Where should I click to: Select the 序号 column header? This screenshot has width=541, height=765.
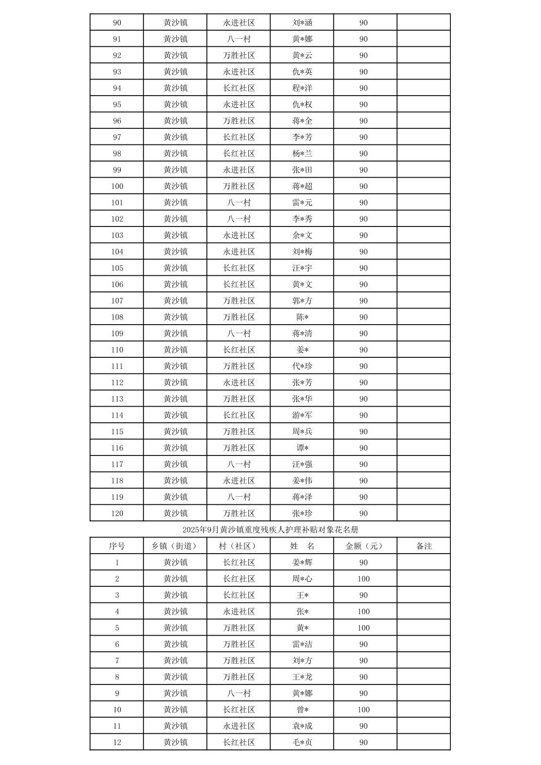[x=117, y=546]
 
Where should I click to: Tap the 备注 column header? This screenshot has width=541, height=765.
[x=424, y=546]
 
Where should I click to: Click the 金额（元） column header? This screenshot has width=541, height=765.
[x=364, y=546]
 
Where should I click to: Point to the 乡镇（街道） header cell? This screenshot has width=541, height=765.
[x=175, y=546]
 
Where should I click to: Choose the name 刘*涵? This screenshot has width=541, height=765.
[x=302, y=23]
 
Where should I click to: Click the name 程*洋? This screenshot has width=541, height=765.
[x=302, y=88]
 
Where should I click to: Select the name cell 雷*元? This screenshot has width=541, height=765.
[x=302, y=202]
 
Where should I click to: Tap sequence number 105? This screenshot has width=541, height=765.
[x=117, y=268]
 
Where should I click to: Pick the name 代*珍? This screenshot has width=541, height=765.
[x=302, y=366]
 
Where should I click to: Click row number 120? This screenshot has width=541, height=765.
[x=117, y=513]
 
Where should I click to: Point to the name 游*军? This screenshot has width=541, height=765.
[x=302, y=415]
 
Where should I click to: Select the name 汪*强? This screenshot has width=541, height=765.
[x=302, y=464]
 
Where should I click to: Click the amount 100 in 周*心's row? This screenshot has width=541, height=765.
[x=364, y=579]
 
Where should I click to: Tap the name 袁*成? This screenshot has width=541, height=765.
[x=302, y=726]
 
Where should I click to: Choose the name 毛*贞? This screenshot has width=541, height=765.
[x=302, y=742]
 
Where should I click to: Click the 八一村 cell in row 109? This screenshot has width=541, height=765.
[x=239, y=333]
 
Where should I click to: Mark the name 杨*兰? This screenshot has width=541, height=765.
[x=302, y=154]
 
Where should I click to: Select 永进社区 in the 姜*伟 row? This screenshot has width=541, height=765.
[x=239, y=481]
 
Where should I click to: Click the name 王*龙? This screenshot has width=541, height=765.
[x=302, y=677]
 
